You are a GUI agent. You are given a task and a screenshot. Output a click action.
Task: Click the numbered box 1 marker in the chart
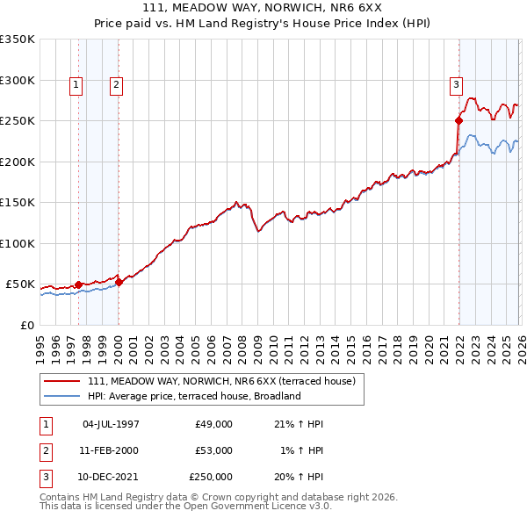click(x=76, y=85)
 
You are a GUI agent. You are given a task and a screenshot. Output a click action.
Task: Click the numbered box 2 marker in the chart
click(x=116, y=85)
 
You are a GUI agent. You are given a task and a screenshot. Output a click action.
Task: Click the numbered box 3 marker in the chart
click(x=456, y=85)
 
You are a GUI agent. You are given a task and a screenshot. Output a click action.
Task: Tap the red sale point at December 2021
click(x=458, y=121)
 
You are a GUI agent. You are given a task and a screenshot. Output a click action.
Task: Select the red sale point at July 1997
click(x=78, y=284)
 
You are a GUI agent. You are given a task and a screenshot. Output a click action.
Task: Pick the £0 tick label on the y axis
click(x=26, y=325)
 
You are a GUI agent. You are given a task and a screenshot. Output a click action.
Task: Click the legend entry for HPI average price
click(x=194, y=396)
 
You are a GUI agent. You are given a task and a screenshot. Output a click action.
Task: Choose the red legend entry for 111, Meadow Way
click(x=221, y=381)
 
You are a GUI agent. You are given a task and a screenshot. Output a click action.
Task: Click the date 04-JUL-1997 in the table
click(x=111, y=424)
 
